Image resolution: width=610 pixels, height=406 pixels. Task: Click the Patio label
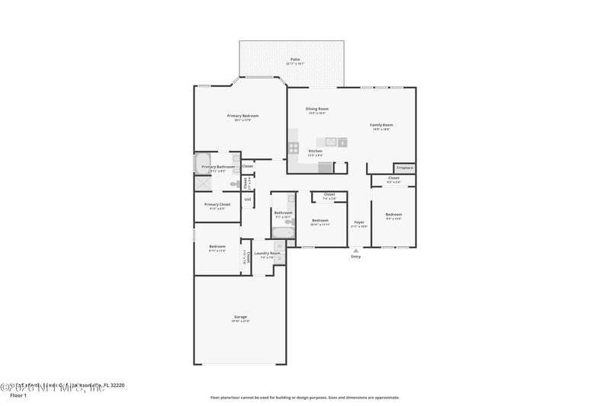[294, 59]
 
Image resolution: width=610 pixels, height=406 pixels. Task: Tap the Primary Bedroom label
[239, 116]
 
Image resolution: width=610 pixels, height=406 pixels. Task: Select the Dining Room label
[317, 109]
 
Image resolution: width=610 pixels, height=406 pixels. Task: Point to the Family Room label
[381, 125]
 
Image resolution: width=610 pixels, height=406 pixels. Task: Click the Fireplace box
[404, 168]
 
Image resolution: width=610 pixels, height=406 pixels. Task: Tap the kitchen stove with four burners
[294, 148]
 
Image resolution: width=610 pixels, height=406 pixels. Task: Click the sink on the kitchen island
[331, 142]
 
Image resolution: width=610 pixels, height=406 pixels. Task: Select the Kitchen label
[315, 151]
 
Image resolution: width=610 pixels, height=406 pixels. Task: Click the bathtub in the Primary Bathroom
[198, 165]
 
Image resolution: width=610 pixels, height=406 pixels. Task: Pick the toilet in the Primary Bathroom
[234, 184]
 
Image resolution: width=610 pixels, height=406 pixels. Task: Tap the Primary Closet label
[217, 204]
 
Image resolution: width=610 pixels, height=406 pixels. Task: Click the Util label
[247, 200]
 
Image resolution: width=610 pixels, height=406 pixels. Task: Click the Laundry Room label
[267, 253]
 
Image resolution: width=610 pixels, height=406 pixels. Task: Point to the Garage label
[240, 317]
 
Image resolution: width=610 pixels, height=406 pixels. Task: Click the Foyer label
[358, 222]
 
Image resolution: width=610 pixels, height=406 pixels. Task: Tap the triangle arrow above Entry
[355, 250]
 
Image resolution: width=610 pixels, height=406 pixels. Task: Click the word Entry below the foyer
[355, 257]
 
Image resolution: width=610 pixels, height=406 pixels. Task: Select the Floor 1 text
[18, 395]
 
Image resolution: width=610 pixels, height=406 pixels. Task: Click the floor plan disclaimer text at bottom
[304, 397]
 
